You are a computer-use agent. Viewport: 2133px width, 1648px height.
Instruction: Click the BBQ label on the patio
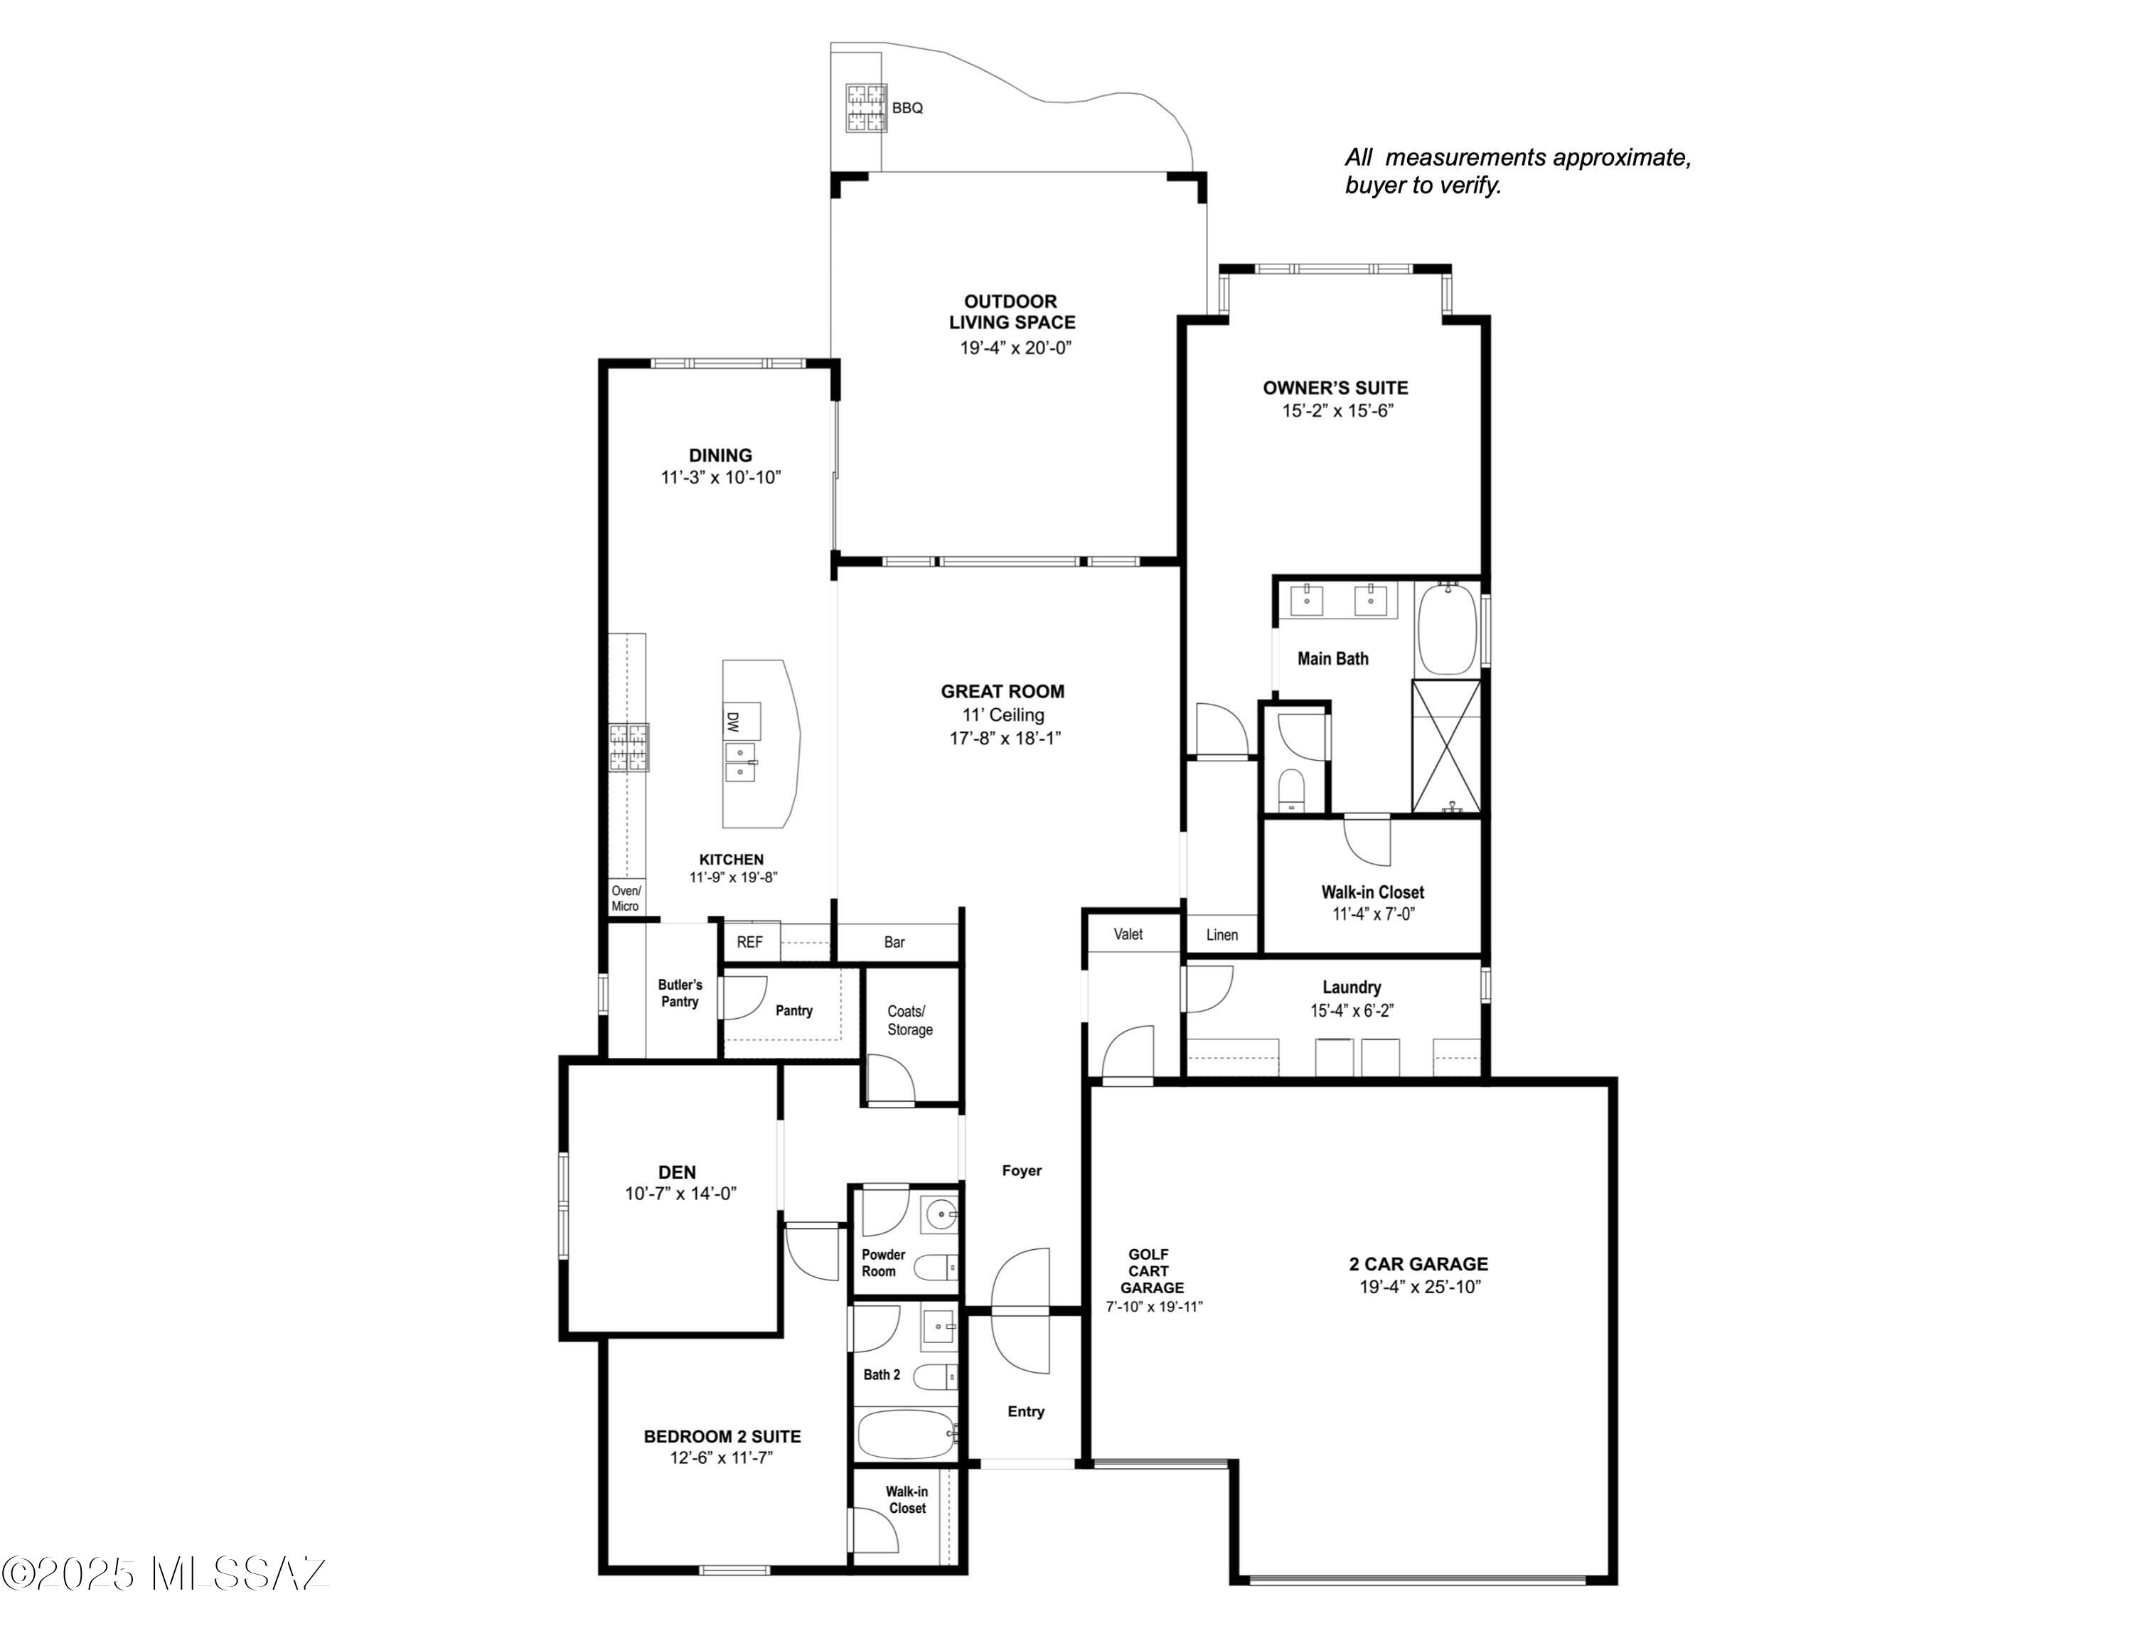[x=907, y=108]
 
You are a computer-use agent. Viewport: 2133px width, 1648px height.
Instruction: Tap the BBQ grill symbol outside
[x=866, y=108]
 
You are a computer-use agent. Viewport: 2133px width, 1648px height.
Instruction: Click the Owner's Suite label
[x=1335, y=387]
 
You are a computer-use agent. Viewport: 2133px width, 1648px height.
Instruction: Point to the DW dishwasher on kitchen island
[x=732, y=722]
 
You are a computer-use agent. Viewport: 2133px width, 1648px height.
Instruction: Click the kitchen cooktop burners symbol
[x=629, y=748]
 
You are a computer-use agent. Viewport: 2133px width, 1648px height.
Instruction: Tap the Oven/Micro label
[x=626, y=898]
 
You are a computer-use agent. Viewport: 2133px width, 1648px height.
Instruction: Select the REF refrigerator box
[x=750, y=942]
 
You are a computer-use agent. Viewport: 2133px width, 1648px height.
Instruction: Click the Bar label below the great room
[x=894, y=942]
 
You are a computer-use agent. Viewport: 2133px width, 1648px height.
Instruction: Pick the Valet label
[x=1128, y=934]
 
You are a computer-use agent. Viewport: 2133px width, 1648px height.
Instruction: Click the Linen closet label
[x=1221, y=936]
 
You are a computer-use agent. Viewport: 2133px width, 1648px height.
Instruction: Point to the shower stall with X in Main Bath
[x=1446, y=747]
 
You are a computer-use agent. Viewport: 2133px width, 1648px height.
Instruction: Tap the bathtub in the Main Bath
[x=1448, y=628]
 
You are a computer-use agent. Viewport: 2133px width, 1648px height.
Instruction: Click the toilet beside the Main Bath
[x=1291, y=789]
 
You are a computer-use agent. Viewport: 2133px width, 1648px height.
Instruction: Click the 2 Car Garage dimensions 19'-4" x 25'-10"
[x=1420, y=1287]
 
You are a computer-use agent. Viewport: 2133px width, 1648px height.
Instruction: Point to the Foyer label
[x=1022, y=1170]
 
